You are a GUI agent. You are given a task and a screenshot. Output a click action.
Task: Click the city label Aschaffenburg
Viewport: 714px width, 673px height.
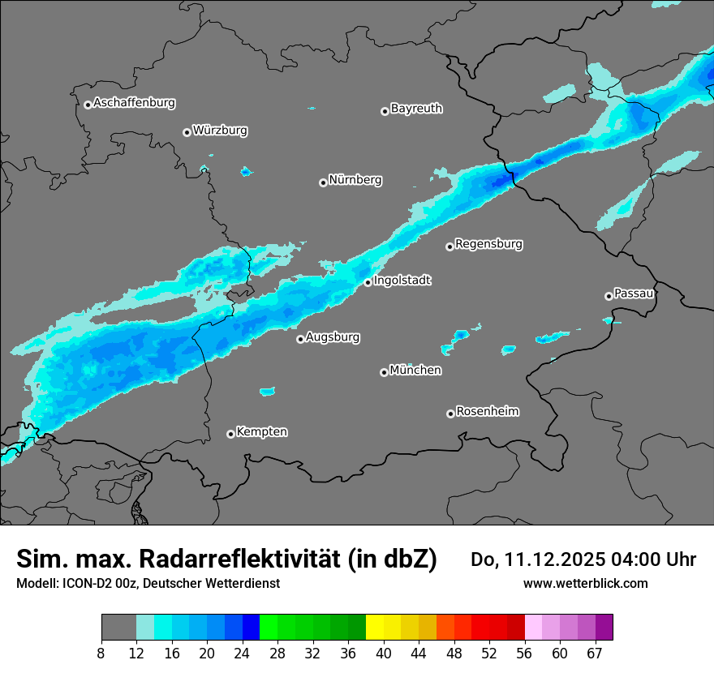click(134, 103)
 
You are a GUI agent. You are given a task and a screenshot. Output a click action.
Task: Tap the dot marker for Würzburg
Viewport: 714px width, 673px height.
click(187, 132)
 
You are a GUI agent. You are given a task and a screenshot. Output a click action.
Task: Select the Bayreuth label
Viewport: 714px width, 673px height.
click(416, 108)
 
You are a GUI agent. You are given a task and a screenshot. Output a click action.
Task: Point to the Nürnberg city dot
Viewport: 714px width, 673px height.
click(323, 182)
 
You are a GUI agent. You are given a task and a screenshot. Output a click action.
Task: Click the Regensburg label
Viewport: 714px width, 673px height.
click(488, 243)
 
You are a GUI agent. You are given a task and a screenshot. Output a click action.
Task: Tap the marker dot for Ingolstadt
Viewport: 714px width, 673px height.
click(368, 282)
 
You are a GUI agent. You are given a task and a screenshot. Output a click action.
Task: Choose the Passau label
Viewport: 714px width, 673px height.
click(634, 293)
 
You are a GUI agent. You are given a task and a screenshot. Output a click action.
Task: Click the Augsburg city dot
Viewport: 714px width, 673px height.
click(300, 339)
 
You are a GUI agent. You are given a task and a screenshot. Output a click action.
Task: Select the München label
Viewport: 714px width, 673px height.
click(415, 370)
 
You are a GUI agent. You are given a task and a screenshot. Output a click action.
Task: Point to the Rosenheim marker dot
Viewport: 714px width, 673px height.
click(450, 414)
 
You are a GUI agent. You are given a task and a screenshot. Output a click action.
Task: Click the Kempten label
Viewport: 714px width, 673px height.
click(261, 431)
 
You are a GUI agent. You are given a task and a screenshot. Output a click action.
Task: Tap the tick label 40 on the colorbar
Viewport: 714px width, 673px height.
click(384, 654)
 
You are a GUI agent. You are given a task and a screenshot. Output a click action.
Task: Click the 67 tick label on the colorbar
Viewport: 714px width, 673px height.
click(595, 654)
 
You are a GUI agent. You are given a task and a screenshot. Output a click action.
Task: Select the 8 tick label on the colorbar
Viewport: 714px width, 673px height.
click(101, 654)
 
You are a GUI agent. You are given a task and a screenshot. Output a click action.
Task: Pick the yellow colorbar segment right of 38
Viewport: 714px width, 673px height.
click(375, 628)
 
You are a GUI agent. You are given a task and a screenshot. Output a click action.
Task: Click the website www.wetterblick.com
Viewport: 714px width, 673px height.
click(585, 583)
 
